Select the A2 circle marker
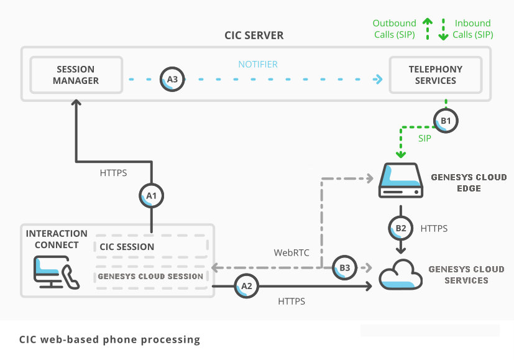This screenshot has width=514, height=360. pyautogui.click(x=246, y=287)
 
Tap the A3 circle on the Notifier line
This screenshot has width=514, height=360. pyautogui.click(x=172, y=80)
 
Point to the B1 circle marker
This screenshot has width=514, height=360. pyautogui.click(x=446, y=120)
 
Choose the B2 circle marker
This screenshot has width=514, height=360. pyautogui.click(x=401, y=228)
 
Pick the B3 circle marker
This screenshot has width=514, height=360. pyautogui.click(x=344, y=268)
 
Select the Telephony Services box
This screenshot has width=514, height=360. pyautogui.click(x=435, y=75)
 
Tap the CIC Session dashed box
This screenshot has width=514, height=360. pyautogui.click(x=151, y=246)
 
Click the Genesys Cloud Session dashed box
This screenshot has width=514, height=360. pyautogui.click(x=151, y=276)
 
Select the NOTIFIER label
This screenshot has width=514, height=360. pyautogui.click(x=258, y=64)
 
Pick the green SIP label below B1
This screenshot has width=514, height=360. pyautogui.click(x=425, y=138)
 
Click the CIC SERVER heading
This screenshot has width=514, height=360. pyautogui.click(x=254, y=35)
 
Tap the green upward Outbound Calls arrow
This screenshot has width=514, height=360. pyautogui.click(x=427, y=28)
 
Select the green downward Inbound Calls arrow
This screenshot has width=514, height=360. pyautogui.click(x=443, y=29)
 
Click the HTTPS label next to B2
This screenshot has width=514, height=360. pyautogui.click(x=434, y=229)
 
